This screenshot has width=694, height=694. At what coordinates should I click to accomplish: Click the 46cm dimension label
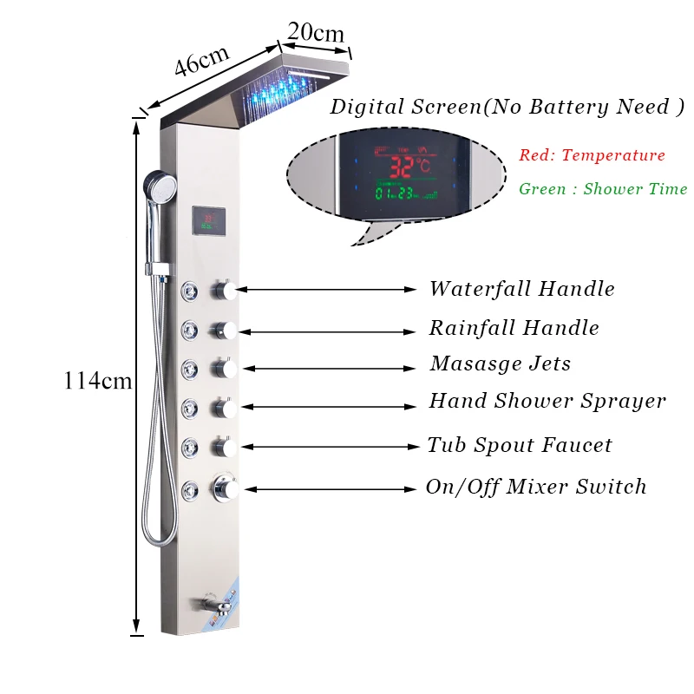point(201,63)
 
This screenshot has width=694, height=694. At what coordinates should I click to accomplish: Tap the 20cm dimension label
point(316,32)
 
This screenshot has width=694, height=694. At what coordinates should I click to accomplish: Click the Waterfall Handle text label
point(521,289)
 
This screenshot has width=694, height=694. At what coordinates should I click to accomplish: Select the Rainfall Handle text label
point(514,328)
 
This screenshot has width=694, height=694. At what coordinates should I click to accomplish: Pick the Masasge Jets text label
point(501,363)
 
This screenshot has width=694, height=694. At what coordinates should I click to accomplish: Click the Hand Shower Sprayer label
point(547,401)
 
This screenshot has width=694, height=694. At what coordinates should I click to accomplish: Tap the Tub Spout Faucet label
point(519,446)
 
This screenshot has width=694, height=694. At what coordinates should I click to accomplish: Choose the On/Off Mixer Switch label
point(536,487)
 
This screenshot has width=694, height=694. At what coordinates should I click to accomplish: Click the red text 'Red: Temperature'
point(592,156)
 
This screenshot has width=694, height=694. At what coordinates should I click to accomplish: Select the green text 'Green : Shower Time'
point(603,189)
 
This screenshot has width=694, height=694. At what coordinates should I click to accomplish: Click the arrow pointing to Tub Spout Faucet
point(330,447)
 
